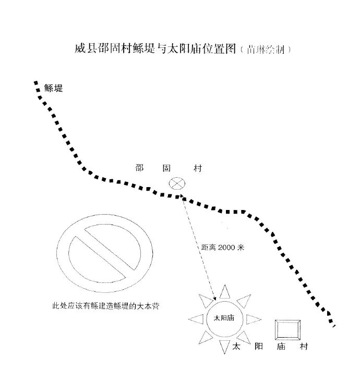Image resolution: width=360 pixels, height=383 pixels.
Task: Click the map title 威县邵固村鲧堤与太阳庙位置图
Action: point(155,48)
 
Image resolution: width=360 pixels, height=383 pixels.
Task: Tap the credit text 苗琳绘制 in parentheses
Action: point(266,50)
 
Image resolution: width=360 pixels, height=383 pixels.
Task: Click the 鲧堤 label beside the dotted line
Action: point(53,88)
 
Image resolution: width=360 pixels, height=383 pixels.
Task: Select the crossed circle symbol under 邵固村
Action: point(177,183)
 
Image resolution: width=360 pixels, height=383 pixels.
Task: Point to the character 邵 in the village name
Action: point(139,168)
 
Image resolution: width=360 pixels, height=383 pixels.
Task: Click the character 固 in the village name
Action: point(166,168)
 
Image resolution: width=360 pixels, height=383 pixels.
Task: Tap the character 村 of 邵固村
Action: point(198,168)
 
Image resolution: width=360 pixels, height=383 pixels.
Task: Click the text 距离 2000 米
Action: point(223,248)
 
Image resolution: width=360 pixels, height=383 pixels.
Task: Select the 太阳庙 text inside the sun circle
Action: point(224,318)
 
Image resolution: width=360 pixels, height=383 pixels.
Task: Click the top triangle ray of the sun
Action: point(225,292)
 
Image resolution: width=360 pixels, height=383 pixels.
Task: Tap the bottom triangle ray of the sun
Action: point(224,346)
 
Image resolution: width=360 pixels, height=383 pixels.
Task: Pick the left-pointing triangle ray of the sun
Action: point(196,319)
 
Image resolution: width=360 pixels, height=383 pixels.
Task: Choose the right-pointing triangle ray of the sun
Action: point(253,319)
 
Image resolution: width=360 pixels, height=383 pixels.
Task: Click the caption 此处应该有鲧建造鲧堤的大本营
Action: point(106,306)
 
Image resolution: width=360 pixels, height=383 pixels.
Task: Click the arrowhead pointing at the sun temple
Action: point(214,298)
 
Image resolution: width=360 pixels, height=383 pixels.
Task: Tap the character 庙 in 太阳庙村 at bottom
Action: point(281,347)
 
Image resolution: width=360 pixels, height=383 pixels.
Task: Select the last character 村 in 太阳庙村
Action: point(304,347)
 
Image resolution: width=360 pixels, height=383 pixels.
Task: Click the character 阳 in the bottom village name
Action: point(259,347)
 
